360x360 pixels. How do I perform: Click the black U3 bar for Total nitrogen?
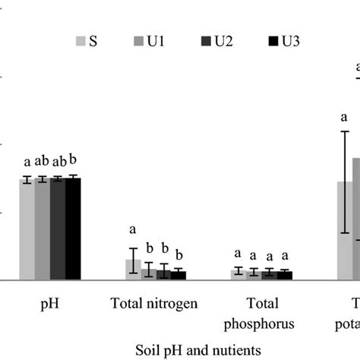click(x=178, y=275)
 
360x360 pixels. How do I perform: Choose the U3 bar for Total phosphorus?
click(x=284, y=275)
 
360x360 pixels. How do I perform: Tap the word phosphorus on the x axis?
click(x=261, y=324)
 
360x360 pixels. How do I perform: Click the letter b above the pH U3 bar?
click(x=74, y=159)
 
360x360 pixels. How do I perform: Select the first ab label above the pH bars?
click(x=42, y=160)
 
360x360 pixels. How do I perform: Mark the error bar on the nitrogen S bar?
click(x=133, y=260)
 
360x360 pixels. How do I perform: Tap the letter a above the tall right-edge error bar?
click(x=344, y=118)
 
